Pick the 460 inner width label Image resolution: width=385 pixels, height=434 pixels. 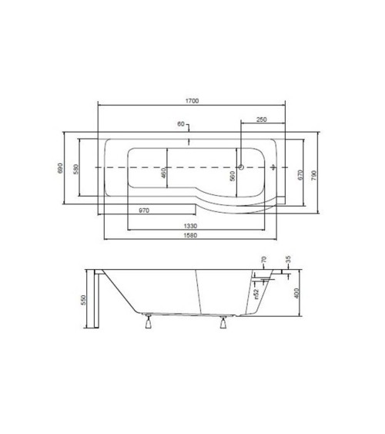163,173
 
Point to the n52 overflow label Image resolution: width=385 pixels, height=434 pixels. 253,292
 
